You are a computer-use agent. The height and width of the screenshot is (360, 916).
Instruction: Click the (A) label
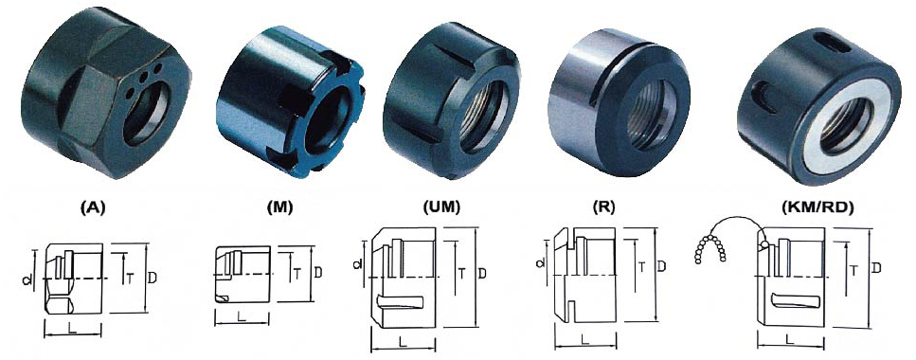click(x=94, y=207)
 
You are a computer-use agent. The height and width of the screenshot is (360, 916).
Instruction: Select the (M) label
click(x=278, y=207)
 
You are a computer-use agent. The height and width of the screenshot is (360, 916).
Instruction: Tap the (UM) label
click(x=441, y=207)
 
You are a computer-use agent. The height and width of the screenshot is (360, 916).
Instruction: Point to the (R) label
click(x=602, y=207)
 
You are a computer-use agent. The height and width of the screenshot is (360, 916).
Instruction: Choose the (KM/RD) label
click(x=817, y=207)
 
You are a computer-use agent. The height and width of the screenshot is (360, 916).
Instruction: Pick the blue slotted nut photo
click(x=291, y=101)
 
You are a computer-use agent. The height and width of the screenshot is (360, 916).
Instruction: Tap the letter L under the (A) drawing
click(x=72, y=328)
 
